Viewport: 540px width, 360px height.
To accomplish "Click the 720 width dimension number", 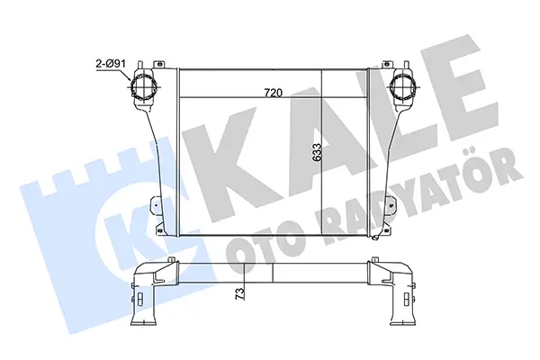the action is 273,93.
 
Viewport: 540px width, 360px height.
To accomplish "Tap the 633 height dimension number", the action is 317,153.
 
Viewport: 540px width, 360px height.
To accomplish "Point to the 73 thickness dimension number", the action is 240,293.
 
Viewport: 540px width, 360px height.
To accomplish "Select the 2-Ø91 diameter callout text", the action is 110,63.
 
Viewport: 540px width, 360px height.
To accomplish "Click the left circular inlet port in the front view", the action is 144,86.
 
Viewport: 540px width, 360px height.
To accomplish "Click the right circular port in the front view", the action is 402,86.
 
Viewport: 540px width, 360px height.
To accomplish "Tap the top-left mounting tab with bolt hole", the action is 159,65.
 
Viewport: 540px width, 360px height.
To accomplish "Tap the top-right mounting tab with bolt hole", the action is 388,65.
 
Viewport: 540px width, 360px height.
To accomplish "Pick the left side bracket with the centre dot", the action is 156,206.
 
